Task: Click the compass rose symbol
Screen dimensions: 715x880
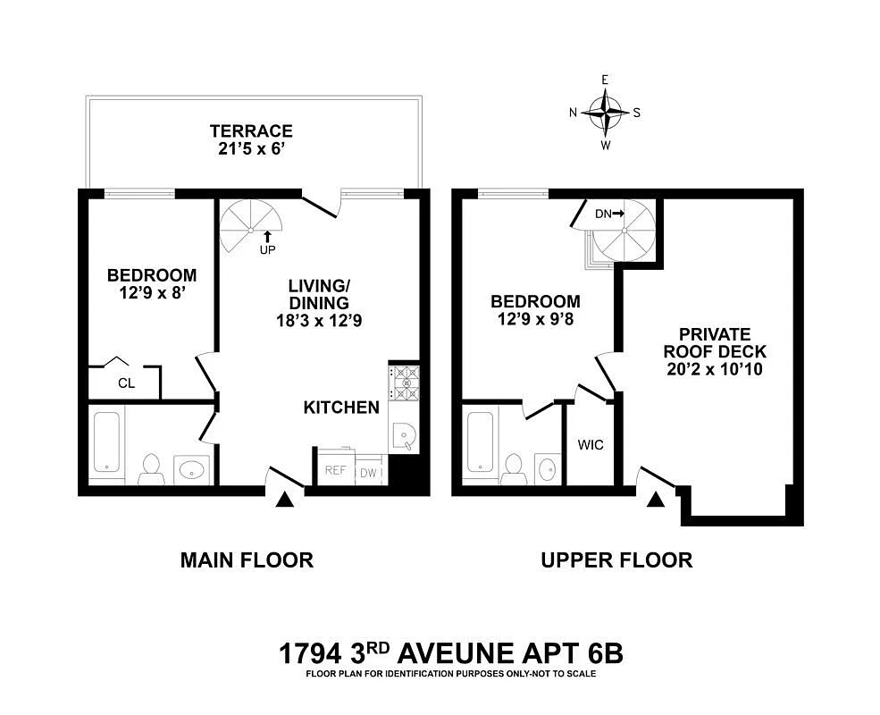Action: (x=606, y=113)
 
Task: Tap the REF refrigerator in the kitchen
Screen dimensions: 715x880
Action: (x=334, y=470)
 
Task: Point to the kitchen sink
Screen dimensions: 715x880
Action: (x=402, y=436)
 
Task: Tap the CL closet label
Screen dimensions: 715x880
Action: (x=125, y=383)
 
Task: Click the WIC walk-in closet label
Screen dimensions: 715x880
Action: (x=591, y=444)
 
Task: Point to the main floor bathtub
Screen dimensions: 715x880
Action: (x=105, y=442)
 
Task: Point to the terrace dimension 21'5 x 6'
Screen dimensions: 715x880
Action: (x=251, y=149)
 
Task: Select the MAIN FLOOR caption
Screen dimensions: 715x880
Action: (x=247, y=560)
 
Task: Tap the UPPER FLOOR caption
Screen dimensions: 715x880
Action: (x=616, y=560)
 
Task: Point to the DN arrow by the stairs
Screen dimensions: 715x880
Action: (x=609, y=213)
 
